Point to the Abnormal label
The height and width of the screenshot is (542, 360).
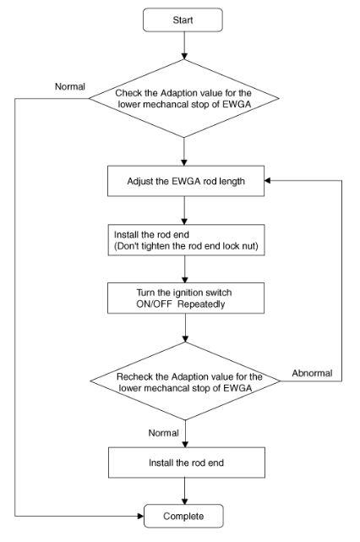(x=312, y=374)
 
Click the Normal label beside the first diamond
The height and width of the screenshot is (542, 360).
(x=70, y=86)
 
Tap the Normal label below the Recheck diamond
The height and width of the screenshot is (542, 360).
(x=163, y=433)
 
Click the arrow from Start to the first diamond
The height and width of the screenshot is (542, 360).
(x=184, y=46)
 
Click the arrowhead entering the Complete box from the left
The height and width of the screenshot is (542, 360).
(x=140, y=516)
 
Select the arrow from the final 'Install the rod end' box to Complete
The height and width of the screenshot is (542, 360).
(x=185, y=491)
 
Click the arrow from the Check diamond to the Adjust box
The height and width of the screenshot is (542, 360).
(x=184, y=151)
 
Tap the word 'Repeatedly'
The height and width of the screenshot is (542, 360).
(x=201, y=304)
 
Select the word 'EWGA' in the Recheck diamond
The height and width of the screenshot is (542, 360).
(x=237, y=388)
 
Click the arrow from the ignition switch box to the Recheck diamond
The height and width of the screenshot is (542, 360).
(x=186, y=328)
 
